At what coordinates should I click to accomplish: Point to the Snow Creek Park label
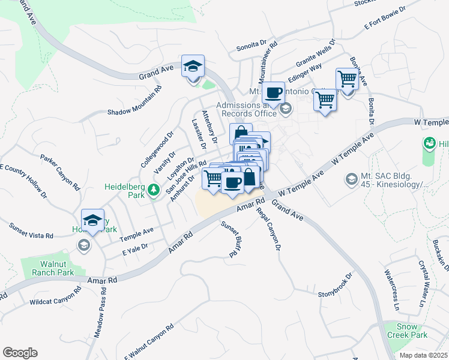tap(411, 331)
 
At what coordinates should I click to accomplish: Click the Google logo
tap(20, 352)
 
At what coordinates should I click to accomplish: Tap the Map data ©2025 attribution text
tap(423, 355)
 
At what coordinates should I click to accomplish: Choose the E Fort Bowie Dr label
tap(385, 18)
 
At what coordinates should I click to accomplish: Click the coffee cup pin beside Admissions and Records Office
tap(273, 93)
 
